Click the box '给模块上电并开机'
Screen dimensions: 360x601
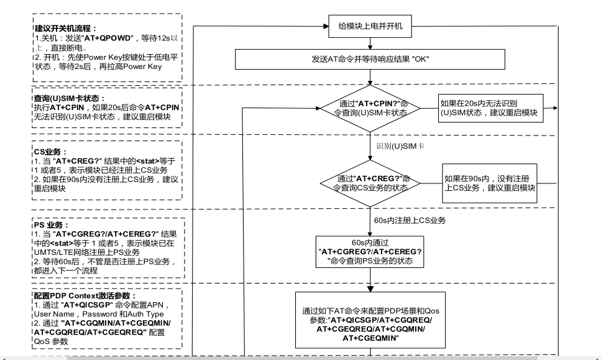370,27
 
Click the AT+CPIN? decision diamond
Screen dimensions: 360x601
369,108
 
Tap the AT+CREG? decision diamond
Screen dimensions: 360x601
369,183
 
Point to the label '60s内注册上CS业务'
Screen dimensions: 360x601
409,220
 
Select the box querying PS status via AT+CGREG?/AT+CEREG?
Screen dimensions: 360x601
370,252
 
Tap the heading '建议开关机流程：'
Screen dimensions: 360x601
63,29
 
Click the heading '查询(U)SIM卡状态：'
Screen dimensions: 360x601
69,99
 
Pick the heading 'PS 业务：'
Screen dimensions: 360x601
52,224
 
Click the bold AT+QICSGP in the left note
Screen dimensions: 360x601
86,305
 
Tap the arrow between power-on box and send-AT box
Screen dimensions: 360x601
370,43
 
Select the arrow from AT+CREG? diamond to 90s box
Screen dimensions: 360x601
431,183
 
